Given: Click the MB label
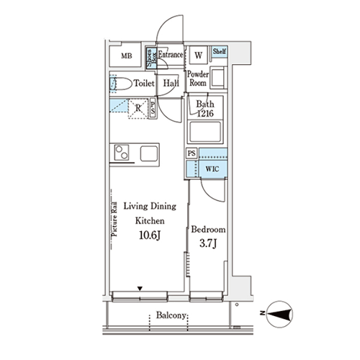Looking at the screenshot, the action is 127,56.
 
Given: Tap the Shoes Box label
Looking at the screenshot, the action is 151,58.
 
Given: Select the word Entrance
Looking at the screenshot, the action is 171,55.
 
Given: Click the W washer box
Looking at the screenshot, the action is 198,55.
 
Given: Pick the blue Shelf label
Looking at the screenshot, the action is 220,51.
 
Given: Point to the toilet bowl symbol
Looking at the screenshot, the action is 121,84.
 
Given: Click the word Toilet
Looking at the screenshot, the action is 144,84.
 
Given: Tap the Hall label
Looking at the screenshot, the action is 171,84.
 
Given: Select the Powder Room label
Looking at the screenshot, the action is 198,78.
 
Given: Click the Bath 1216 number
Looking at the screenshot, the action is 205,113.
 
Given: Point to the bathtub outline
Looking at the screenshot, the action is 205,132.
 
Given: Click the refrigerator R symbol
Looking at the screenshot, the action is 138,109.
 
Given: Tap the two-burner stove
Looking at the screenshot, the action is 122,153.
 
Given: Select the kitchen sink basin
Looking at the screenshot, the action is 149,153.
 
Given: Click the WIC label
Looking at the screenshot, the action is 212,169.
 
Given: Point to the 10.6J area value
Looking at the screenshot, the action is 150,235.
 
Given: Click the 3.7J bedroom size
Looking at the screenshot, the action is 208,243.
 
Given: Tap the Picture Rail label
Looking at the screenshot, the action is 114,219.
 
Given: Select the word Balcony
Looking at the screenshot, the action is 171,315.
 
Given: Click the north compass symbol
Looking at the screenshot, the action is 280,315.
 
